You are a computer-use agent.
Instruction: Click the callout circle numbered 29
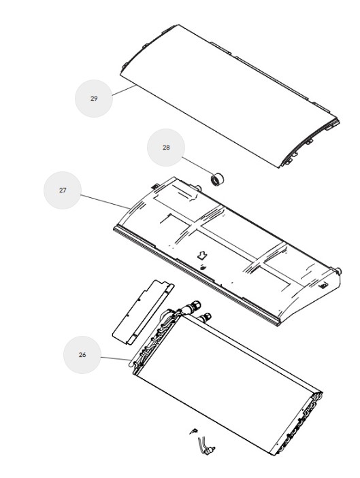click(x=94, y=98)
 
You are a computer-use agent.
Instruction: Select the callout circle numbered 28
click(x=165, y=148)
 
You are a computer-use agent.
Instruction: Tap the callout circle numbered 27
click(x=63, y=190)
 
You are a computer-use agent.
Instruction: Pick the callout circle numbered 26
click(x=82, y=355)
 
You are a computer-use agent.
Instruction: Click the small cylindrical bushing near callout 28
click(x=218, y=179)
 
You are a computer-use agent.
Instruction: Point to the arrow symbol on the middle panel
click(x=202, y=255)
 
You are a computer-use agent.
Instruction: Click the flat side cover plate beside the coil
click(x=143, y=312)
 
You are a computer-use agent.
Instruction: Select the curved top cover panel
click(x=229, y=95)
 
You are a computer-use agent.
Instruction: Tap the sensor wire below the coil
click(x=204, y=445)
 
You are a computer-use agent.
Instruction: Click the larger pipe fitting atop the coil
click(x=195, y=305)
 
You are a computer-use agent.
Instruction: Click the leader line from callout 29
click(x=125, y=90)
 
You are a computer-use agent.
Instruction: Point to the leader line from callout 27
click(x=105, y=201)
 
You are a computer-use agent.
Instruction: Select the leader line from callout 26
click(x=116, y=358)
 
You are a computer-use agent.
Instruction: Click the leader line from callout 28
click(x=197, y=167)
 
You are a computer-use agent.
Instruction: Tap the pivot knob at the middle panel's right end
click(x=338, y=271)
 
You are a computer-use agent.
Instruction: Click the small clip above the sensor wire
click(x=193, y=431)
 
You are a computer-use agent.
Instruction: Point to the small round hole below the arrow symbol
click(x=203, y=268)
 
